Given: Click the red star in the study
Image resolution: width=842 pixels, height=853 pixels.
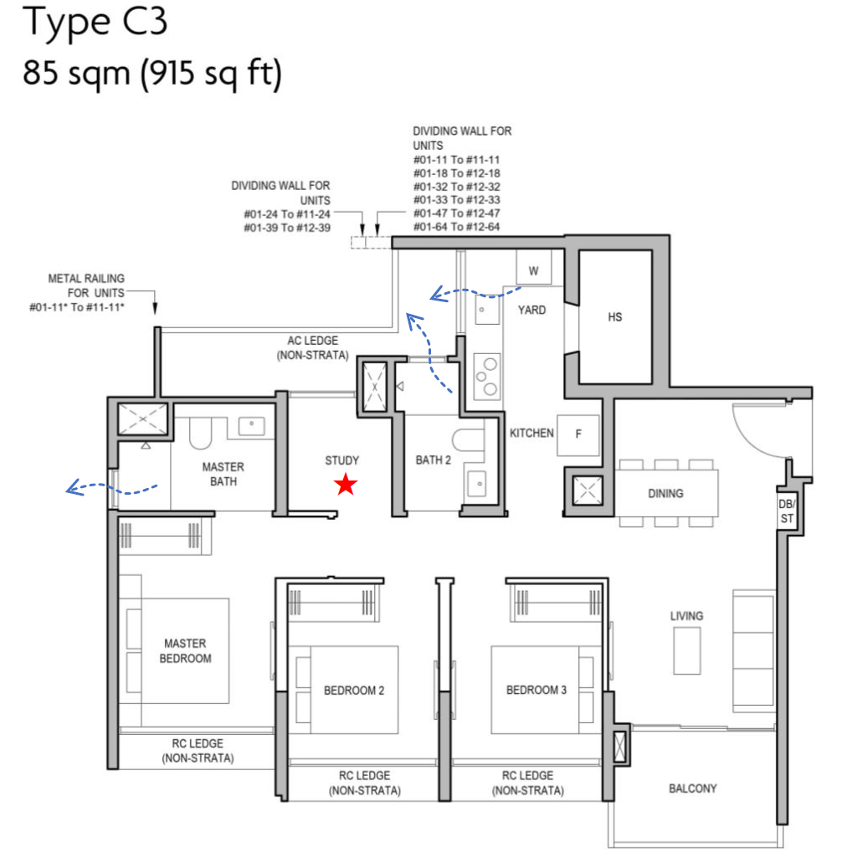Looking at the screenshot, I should [345, 485].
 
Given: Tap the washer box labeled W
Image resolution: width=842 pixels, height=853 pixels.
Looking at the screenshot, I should [533, 270].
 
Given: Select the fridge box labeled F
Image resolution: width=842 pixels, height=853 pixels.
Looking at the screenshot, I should [578, 435].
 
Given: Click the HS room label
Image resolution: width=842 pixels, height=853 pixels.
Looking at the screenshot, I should [615, 317].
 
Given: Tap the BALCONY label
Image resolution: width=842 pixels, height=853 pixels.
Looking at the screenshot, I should [692, 789].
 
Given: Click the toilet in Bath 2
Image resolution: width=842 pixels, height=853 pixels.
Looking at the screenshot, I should [465, 442].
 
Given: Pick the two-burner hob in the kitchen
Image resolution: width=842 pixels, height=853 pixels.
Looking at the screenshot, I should [485, 374].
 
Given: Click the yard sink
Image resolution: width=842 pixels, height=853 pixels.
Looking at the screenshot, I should [485, 311].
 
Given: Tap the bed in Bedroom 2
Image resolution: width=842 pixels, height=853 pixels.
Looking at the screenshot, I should [343, 690].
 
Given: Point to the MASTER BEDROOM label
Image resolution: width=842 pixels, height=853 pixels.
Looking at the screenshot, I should [185, 651].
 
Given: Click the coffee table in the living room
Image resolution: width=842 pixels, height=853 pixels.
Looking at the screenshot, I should [687, 649].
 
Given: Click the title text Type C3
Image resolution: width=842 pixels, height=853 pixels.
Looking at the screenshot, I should [96, 24].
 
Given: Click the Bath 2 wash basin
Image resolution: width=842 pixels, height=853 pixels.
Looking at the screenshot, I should [477, 483].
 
